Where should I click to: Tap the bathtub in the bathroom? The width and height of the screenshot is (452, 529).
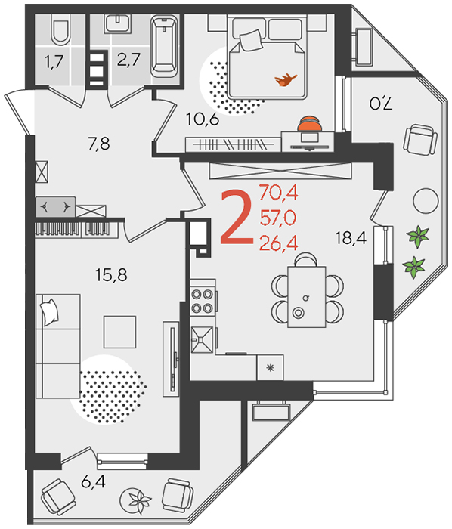164,46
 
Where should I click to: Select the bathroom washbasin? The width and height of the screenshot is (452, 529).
117,23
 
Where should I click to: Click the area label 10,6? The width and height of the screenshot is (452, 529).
203,119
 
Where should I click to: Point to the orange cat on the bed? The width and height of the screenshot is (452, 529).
286,80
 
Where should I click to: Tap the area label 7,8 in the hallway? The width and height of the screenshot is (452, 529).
99,144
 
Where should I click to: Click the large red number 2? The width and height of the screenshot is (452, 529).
237,217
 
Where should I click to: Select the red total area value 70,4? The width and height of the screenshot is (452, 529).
279,193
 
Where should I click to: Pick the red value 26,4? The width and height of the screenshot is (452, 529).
279,243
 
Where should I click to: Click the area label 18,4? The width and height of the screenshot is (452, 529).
351,238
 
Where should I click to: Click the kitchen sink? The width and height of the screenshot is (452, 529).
202,340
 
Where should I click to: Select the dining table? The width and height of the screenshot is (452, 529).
307,297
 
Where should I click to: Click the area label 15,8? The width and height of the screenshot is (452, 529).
111,275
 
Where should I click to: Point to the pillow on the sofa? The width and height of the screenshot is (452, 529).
50,312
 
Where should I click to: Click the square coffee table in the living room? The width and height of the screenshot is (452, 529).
119,332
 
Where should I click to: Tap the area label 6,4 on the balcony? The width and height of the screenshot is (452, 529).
93,481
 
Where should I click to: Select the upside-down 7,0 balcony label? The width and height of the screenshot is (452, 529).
381,104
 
